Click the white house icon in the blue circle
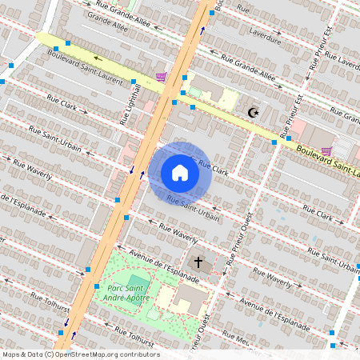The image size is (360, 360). click(180, 172)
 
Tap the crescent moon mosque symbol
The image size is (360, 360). click(254, 113)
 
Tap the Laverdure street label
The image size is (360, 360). click(265, 36)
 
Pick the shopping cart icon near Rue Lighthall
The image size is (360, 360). click(162, 78)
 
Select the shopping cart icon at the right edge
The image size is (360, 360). click(326, 150)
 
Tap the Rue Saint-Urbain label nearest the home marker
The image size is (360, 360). click(194, 208)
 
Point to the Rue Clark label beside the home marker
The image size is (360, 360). click(214, 168)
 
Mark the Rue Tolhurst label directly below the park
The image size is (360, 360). click(131, 338)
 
